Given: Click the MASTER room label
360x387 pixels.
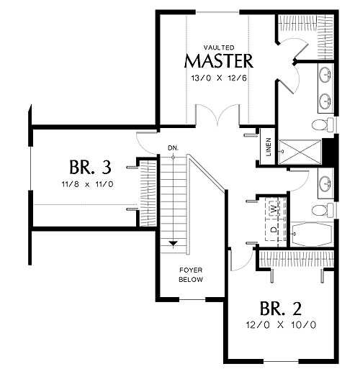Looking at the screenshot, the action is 219,60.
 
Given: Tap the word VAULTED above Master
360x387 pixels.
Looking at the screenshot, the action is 219,47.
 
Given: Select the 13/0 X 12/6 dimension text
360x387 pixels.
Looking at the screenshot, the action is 219,78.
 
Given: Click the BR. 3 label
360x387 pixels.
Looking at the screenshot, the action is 90,167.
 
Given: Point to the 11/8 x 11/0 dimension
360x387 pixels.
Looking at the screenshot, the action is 87,184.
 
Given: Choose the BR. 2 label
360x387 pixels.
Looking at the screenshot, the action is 280,309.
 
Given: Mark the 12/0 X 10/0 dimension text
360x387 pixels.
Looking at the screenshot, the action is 281,325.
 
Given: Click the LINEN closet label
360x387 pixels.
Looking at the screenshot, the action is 269,147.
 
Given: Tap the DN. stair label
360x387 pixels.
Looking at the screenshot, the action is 174,148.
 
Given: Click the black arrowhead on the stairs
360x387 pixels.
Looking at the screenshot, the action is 174,243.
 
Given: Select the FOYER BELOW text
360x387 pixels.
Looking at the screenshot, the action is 191,275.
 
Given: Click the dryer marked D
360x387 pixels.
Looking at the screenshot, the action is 274,229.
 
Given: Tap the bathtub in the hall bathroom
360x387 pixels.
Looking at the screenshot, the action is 311,235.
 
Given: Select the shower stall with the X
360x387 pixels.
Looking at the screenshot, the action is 300,152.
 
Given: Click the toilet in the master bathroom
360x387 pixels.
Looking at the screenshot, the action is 323,125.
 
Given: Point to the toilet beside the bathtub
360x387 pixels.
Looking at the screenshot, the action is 323,210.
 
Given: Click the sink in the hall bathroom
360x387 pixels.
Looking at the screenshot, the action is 325,183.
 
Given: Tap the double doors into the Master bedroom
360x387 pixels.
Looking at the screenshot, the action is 217,115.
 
